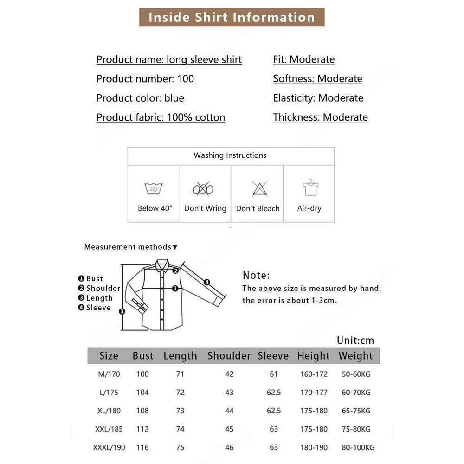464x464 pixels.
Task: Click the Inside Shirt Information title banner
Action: (x=232, y=18)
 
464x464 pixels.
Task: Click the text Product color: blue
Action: (x=140, y=98)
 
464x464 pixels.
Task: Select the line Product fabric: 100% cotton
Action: (x=161, y=117)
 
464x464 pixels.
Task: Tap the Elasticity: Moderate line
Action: (x=318, y=98)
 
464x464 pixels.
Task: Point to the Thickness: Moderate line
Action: (x=320, y=117)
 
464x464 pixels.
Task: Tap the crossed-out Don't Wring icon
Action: (x=203, y=189)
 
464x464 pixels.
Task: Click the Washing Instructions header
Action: (x=230, y=155)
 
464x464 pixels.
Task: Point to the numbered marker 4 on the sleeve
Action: (x=207, y=282)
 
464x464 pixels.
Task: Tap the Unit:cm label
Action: (x=355, y=341)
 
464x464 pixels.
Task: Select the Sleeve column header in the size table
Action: (x=273, y=356)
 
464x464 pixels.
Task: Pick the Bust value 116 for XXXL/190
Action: (x=142, y=447)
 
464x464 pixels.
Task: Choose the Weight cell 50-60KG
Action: (x=356, y=374)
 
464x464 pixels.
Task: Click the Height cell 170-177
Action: (x=314, y=393)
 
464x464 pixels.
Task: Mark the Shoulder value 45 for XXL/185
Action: (x=229, y=429)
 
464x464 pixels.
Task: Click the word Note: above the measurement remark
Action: (x=256, y=275)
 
